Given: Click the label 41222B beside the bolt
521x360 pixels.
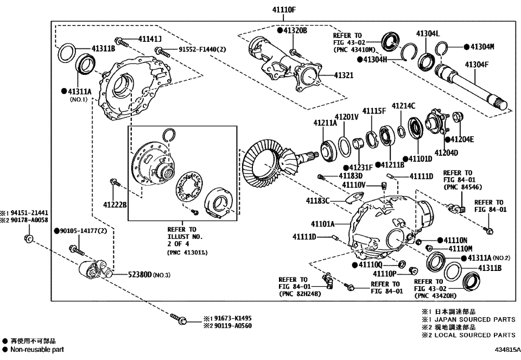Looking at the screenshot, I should coord(115,204).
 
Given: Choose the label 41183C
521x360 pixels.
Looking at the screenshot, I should coord(317,201).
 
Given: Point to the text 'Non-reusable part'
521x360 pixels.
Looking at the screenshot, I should coord(33,350).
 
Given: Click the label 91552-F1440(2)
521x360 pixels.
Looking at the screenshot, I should coord(202,50).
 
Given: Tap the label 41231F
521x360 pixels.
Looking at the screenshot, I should coord(360,167).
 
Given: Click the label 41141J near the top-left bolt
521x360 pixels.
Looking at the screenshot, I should coord(150,39).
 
